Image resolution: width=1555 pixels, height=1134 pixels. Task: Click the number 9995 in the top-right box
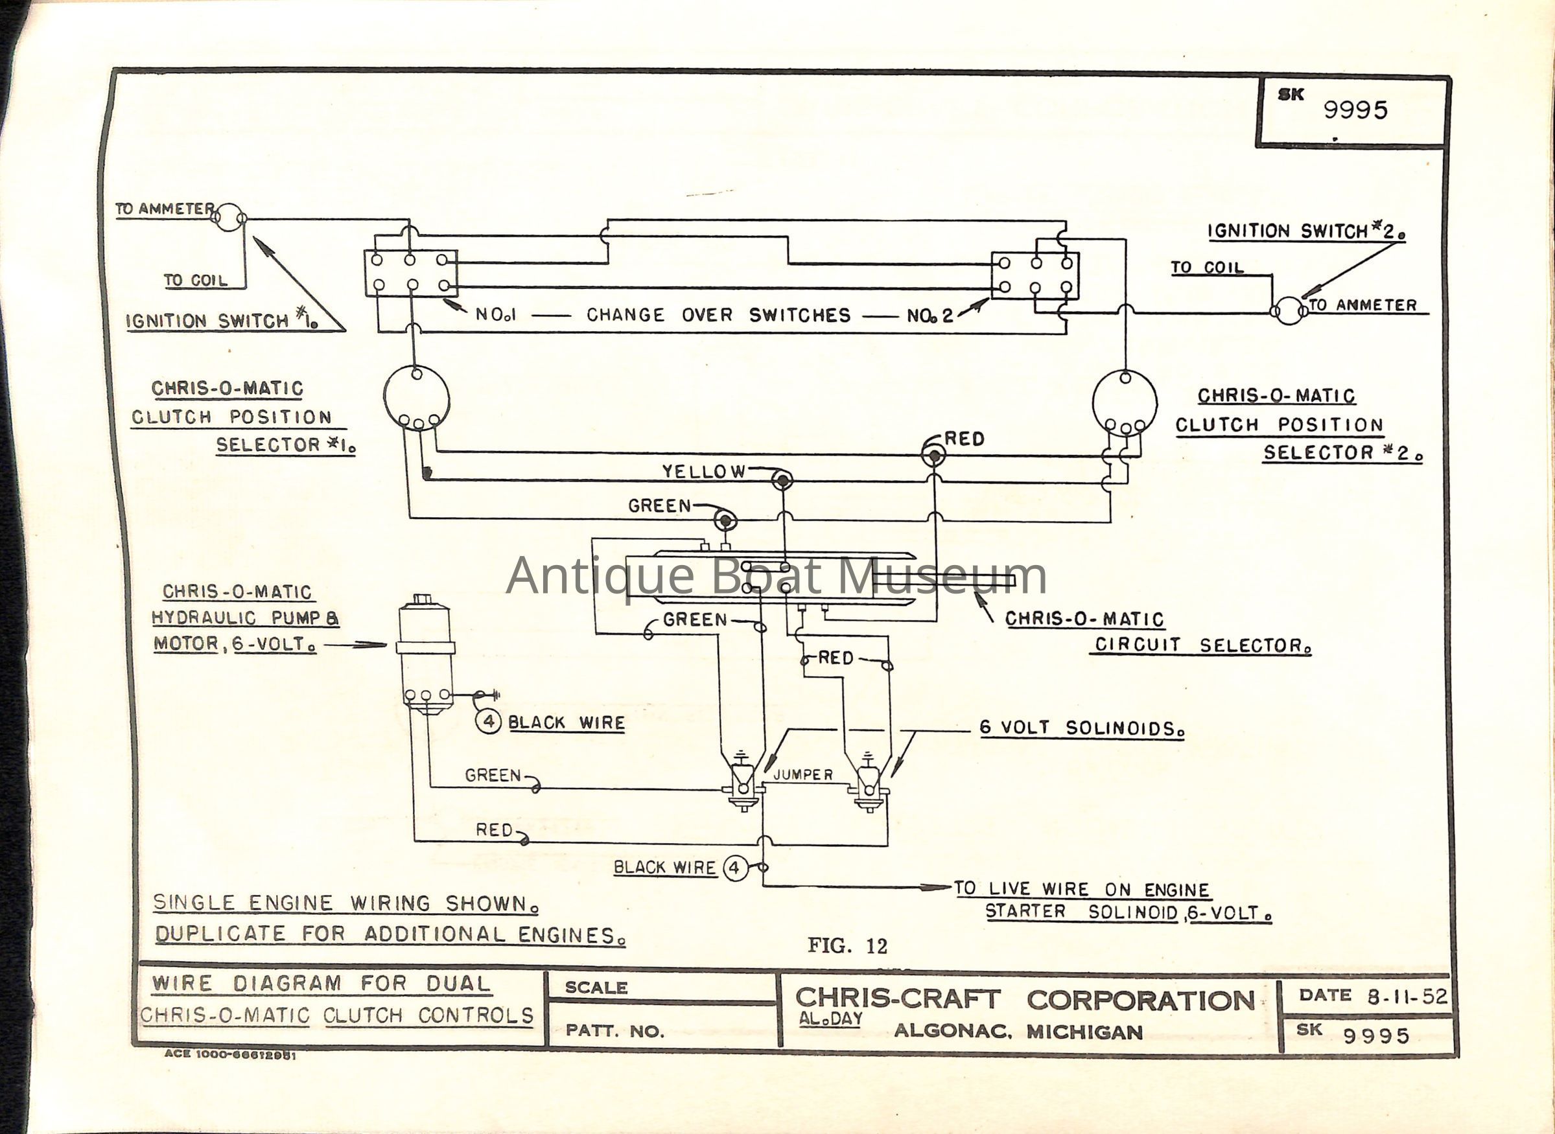(1355, 110)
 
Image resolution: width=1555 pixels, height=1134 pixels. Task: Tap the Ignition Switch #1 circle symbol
(229, 218)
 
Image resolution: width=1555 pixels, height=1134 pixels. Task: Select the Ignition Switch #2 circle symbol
(1289, 311)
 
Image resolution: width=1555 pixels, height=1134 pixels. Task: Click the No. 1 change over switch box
(410, 273)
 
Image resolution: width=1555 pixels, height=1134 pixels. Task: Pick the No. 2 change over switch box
(1035, 275)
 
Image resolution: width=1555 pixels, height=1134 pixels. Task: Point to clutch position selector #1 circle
(416, 398)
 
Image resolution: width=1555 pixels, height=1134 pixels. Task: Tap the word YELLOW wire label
(703, 472)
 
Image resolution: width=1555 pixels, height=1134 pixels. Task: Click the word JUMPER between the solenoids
(802, 775)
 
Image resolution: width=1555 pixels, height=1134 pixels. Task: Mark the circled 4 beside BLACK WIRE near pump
(489, 722)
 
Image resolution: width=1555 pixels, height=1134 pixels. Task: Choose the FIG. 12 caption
(847, 946)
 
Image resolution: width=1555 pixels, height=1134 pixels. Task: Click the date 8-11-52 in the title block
(1407, 996)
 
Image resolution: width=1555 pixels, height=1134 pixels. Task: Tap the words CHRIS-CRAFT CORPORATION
(1024, 1000)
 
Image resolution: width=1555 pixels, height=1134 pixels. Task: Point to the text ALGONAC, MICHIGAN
(1018, 1032)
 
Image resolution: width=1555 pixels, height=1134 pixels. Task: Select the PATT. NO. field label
(614, 1031)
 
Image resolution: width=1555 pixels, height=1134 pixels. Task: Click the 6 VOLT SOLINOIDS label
(1081, 728)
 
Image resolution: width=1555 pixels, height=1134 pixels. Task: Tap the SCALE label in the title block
(596, 988)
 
